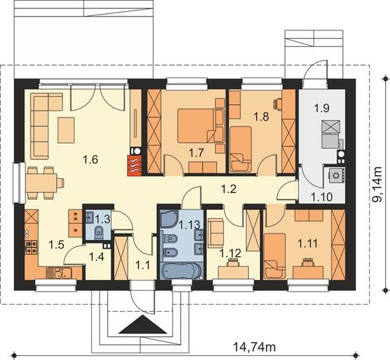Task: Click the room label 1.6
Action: point(91,160)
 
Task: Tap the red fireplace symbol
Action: point(135,166)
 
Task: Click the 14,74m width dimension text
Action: point(254,347)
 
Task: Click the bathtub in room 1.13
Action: point(181,272)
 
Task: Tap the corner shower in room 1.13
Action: point(169,219)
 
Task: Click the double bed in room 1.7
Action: point(196,126)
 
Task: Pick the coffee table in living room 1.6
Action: point(66,130)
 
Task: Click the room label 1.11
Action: point(308,244)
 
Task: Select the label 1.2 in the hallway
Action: point(229,189)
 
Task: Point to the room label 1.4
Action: point(96,256)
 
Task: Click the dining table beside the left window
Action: point(41,182)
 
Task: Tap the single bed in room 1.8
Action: point(241,149)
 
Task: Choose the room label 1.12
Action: point(230,254)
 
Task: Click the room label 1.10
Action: point(322,197)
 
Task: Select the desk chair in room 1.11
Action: point(308,262)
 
